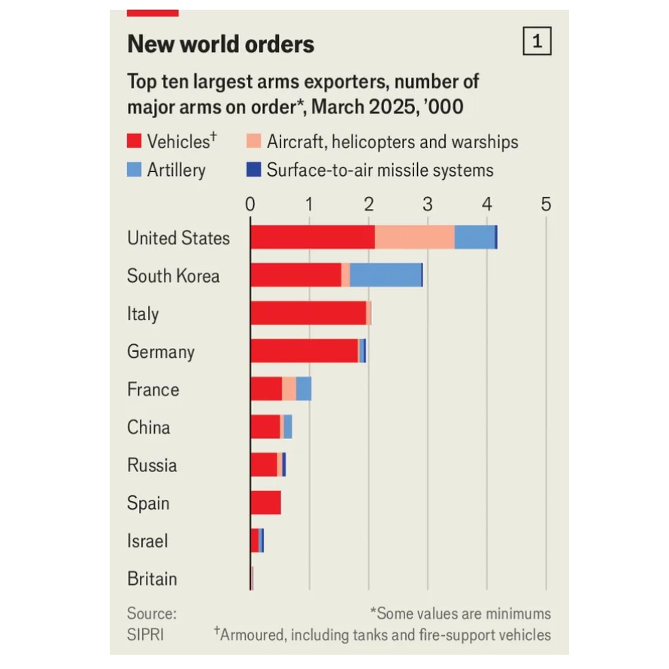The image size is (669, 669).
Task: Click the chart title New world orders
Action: coord(220,44)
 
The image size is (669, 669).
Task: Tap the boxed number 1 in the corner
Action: coord(537,42)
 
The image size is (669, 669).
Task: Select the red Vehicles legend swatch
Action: coord(135,141)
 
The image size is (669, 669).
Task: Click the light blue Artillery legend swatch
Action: coord(135,170)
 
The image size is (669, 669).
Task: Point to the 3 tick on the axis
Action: coord(427,204)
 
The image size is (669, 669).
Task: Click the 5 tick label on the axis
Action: coord(546,204)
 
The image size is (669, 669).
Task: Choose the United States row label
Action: coord(178,238)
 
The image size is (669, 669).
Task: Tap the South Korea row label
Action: coord(173,276)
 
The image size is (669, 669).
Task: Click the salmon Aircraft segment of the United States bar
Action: coord(414,237)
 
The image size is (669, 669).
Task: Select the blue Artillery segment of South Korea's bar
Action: coord(386,275)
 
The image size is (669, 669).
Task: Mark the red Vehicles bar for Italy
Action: coord(308,313)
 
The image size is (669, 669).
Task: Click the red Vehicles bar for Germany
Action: coord(304,350)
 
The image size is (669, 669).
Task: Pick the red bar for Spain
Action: coord(265,502)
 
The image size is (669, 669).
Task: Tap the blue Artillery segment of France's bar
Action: coord(304,389)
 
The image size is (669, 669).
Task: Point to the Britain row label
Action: coord(152,579)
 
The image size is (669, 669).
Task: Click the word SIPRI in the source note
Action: coord(145,634)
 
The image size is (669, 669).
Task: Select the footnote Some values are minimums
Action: coord(460,613)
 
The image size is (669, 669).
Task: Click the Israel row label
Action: coord(147,541)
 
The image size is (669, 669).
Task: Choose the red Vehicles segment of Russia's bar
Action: coord(263,465)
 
